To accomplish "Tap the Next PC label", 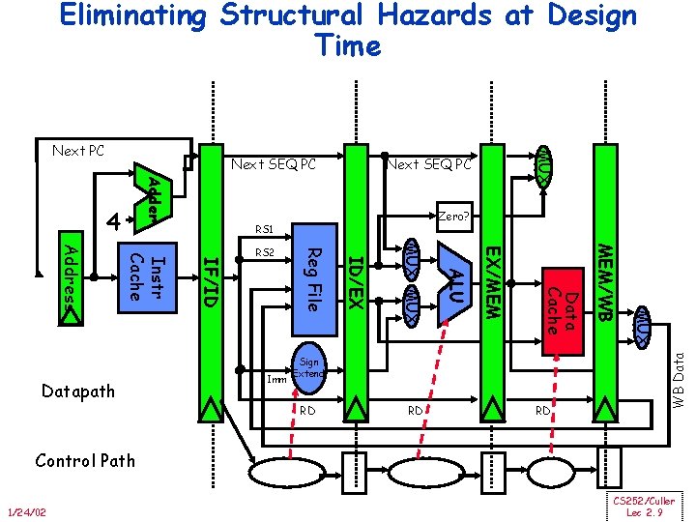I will click(78, 151).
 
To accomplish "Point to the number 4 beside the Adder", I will click(114, 221).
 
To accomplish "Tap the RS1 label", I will click(265, 230).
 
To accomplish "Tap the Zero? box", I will click(452, 217).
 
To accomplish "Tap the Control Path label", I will click(85, 460).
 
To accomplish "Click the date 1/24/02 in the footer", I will click(29, 511).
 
